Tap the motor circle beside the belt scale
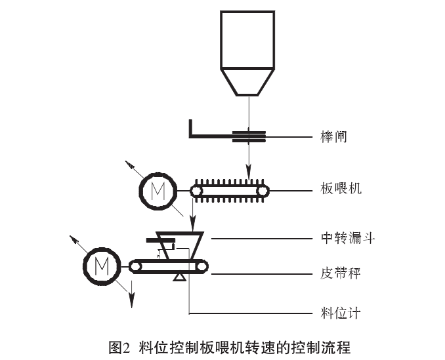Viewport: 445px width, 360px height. click(102, 266)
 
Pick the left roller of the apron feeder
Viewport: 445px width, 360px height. click(196, 191)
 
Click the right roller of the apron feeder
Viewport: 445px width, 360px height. click(263, 191)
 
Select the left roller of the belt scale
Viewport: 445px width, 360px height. click(135, 266)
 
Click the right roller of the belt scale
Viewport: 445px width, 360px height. click(202, 266)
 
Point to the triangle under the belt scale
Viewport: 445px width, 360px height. click(178, 278)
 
